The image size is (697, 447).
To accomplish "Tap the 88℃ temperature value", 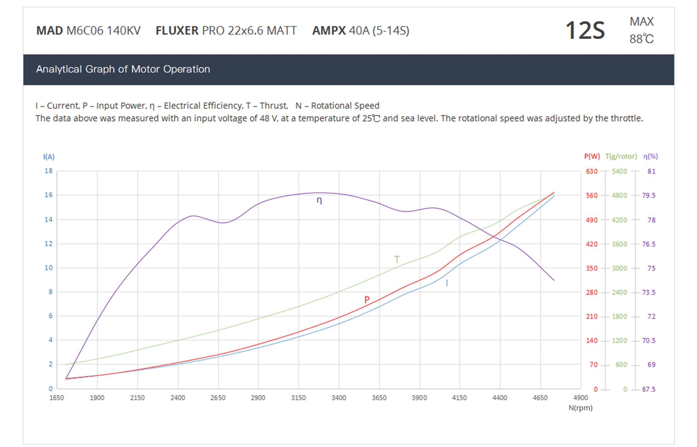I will [x=642, y=39].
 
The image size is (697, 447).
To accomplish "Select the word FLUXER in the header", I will [x=177, y=31].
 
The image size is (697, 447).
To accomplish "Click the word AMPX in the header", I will [x=329, y=31].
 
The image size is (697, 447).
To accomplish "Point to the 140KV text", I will [x=124, y=31].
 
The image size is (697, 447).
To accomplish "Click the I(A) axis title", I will [x=49, y=157].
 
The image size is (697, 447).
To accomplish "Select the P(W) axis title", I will [x=592, y=156].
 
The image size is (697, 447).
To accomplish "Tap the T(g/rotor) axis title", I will [x=621, y=156].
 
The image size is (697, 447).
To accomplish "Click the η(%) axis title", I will [x=650, y=156].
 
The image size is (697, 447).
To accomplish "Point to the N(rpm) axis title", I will [x=580, y=408].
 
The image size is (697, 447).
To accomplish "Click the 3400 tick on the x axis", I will [x=339, y=398].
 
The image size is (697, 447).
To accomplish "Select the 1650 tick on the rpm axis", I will [x=56, y=398].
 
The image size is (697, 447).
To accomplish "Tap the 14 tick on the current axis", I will [x=48, y=219].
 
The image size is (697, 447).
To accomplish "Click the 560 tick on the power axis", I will [x=592, y=195].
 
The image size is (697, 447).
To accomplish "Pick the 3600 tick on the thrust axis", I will [x=619, y=244].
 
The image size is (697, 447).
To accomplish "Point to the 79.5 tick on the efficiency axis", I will [x=649, y=195].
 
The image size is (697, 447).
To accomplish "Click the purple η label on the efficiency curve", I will [x=319, y=200].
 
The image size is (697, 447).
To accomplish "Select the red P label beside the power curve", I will [x=367, y=299].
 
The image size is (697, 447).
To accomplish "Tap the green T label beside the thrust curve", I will [x=397, y=259].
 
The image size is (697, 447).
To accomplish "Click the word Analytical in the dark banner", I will [x=59, y=69].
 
